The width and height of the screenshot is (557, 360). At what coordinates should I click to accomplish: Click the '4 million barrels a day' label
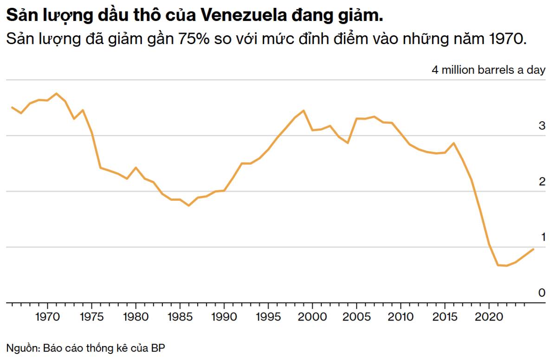[x=489, y=71]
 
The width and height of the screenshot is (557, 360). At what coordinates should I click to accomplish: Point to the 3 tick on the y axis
[x=542, y=125]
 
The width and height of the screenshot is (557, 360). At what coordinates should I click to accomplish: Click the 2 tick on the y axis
[x=542, y=181]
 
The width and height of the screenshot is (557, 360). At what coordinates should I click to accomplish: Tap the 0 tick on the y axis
[x=542, y=293]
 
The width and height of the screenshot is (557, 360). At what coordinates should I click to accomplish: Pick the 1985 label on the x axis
[x=180, y=317]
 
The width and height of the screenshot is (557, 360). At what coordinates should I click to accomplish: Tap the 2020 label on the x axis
[x=489, y=317]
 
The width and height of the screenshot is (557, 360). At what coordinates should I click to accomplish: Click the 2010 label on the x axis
[x=401, y=317]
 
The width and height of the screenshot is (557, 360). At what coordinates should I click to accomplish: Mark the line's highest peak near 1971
[x=57, y=93]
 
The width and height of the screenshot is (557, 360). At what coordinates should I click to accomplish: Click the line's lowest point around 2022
[x=506, y=266]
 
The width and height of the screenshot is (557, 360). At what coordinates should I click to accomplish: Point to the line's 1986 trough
[x=188, y=205]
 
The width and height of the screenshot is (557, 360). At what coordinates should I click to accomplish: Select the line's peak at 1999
[x=304, y=111]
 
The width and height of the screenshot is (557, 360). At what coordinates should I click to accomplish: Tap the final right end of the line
[x=533, y=249]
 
